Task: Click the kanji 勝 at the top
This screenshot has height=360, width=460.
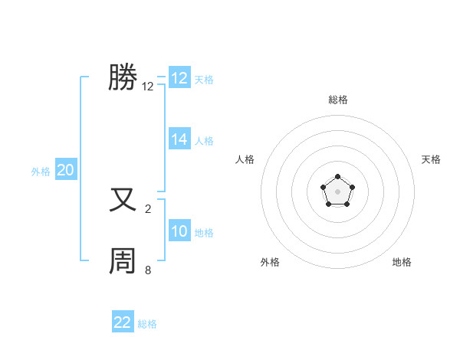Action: click(123, 77)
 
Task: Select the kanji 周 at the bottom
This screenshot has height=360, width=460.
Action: click(123, 261)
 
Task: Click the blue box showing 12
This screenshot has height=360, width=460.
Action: click(179, 78)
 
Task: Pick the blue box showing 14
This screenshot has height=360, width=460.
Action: click(179, 139)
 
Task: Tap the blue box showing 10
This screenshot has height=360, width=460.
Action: click(179, 231)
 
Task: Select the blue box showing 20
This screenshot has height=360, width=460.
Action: click(66, 170)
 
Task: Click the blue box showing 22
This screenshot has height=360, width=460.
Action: click(123, 322)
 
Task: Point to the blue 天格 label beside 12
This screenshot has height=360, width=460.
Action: click(204, 80)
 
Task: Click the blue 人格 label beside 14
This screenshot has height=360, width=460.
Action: click(204, 141)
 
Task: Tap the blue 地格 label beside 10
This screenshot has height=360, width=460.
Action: click(204, 233)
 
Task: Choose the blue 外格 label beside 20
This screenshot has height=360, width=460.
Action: click(41, 172)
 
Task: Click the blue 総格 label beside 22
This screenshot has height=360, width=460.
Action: click(147, 324)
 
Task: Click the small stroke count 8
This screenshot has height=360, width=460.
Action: click(148, 270)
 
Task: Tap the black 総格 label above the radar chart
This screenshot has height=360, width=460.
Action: click(337, 100)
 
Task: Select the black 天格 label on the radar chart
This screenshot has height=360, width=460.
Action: click(432, 159)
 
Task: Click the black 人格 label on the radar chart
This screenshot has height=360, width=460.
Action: click(245, 159)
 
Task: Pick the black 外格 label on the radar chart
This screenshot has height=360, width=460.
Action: click(270, 262)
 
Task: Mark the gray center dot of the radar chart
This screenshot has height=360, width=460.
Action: click(337, 191)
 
